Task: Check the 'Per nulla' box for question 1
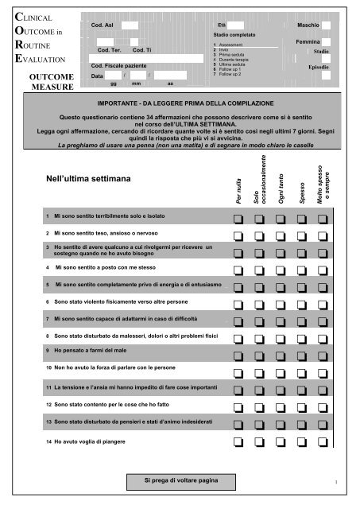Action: (x=238, y=215)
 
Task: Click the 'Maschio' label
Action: (x=308, y=26)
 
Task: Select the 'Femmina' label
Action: (x=307, y=41)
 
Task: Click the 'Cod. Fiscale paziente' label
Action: (x=118, y=65)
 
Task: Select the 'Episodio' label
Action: (x=318, y=68)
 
